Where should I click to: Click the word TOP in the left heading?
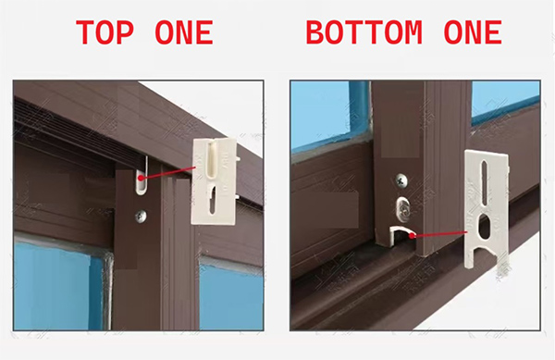pos(105,32)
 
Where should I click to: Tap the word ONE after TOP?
pos(184,32)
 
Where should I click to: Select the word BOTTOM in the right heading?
pos(364,32)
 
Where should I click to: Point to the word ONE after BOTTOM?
pos(473,32)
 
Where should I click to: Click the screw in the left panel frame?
pos(142,217)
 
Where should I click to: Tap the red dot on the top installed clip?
pos(141,178)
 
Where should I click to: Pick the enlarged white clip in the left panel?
pos(214,181)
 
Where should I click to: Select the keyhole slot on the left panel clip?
pos(213,200)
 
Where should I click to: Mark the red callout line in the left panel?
pos(168,173)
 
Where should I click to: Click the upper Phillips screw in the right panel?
pos(401,180)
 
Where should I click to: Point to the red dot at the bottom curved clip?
pos(413,235)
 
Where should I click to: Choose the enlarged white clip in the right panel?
pos(487,209)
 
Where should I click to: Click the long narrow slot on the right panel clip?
pos(485,183)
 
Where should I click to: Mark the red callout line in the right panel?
pos(440,234)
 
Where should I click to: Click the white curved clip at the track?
pos(401,235)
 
